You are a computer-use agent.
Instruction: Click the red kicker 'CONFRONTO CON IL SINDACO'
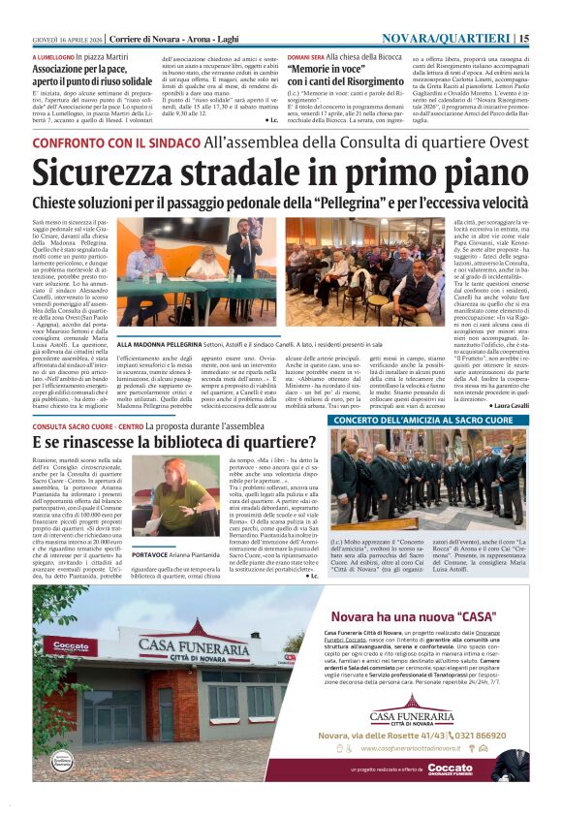[x=115, y=142]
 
